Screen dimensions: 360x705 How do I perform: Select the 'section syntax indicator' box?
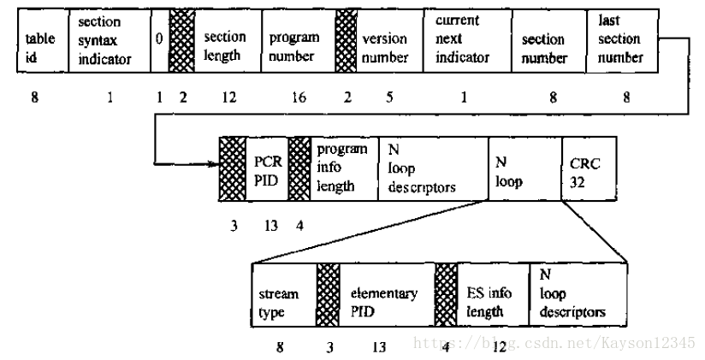click(x=109, y=41)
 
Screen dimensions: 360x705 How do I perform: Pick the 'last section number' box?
click(x=622, y=41)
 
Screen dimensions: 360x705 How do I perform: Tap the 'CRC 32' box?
click(x=588, y=168)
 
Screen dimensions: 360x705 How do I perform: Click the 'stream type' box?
click(x=283, y=301)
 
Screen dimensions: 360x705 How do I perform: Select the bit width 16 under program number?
click(x=298, y=97)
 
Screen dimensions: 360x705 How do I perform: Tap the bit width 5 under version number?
click(x=390, y=97)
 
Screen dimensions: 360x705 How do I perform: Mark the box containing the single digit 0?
click(x=159, y=41)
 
